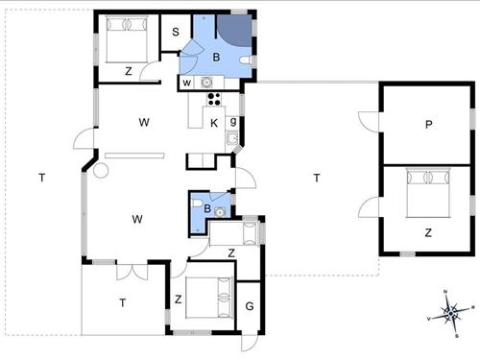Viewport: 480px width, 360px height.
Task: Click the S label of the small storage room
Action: [x=176, y=33]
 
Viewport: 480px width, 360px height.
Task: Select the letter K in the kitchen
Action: [x=214, y=122]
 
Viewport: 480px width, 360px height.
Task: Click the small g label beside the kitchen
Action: [x=232, y=122]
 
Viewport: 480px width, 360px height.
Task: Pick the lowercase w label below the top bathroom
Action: [x=187, y=84]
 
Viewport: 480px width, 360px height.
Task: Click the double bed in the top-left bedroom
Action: [x=124, y=39]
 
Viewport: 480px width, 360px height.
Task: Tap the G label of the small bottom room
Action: [x=249, y=306]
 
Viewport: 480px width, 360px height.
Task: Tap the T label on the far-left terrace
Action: [x=41, y=178]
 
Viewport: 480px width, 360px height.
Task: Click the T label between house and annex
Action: [x=316, y=178]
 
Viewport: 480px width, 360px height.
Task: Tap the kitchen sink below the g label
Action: [x=232, y=141]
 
